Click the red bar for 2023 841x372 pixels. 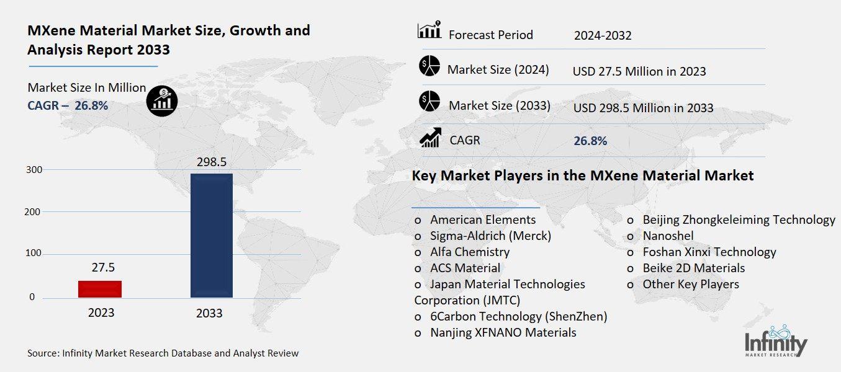click(100, 289)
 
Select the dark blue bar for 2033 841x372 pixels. click(211, 236)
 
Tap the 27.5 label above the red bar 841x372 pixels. click(99, 268)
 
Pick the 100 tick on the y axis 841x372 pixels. click(34, 254)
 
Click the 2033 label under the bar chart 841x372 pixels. click(209, 313)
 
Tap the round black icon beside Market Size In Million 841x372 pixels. click(161, 101)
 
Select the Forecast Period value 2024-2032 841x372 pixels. click(603, 35)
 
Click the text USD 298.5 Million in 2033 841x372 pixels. click(643, 108)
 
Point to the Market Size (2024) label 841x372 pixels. click(498, 69)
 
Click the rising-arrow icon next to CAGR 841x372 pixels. click(430, 138)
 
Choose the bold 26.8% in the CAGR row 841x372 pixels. click(590, 141)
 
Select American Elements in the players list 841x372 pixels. click(482, 219)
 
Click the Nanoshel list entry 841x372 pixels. click(668, 236)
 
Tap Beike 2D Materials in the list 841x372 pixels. click(693, 268)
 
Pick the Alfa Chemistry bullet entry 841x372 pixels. click(469, 252)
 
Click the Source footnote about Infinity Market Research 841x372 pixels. click(163, 353)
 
